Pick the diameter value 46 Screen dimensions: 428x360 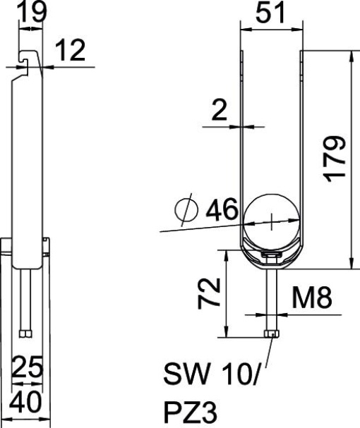tap(221, 209)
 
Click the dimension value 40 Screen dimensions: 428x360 tap(28, 403)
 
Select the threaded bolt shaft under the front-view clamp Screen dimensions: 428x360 tap(272, 296)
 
